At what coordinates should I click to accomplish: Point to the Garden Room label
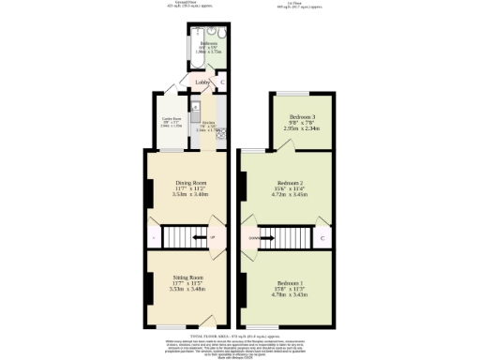click(172, 118)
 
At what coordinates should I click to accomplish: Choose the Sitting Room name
click(188, 278)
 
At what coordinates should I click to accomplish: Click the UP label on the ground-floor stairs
click(212, 238)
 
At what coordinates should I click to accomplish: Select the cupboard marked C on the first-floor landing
click(322, 238)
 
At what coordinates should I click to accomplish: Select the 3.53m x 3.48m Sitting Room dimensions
click(188, 289)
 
